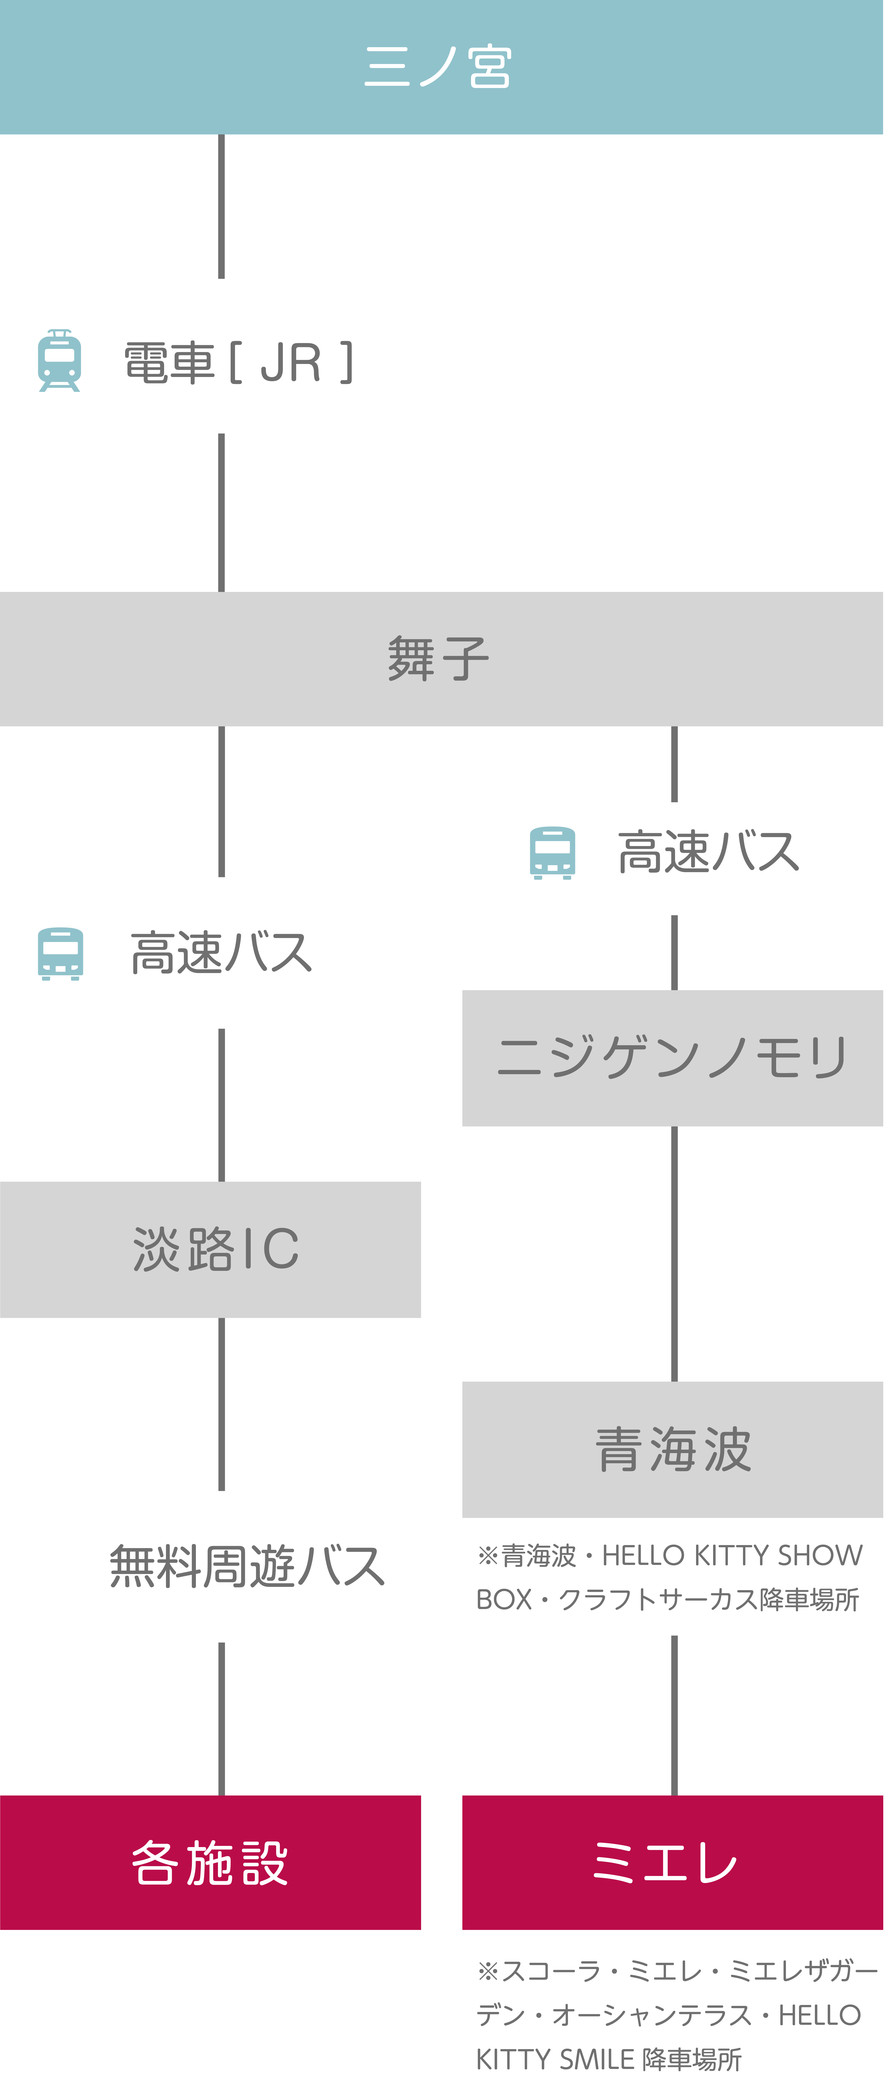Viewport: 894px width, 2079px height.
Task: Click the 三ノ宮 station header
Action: [x=441, y=67]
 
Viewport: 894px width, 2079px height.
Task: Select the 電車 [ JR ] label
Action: [x=239, y=362]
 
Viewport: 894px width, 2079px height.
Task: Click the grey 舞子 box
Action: [x=441, y=659]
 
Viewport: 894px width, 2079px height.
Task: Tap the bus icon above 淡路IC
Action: [x=60, y=953]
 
